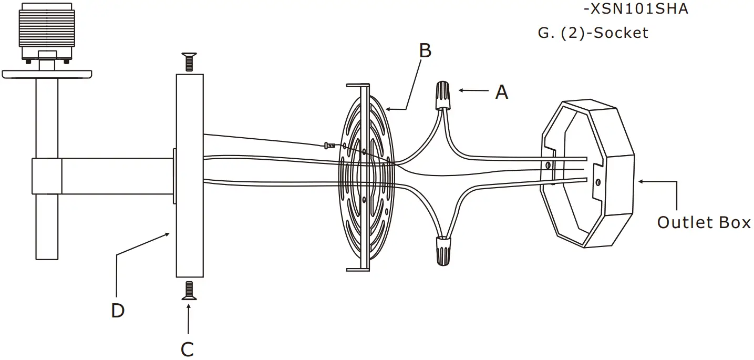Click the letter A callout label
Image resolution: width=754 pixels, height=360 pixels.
pyautogui.click(x=502, y=93)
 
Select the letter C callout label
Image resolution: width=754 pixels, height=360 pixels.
pyautogui.click(x=187, y=349)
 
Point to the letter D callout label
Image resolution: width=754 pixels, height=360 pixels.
pyautogui.click(x=118, y=311)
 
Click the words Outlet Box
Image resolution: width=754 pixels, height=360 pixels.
pyautogui.click(x=704, y=222)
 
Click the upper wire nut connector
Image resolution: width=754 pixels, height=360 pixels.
pyautogui.click(x=443, y=95)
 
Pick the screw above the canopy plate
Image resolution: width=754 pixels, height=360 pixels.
pyautogui.click(x=189, y=62)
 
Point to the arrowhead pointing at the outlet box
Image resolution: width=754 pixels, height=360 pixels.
pyautogui.click(x=642, y=181)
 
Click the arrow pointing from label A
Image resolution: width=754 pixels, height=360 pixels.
pyautogui.click(x=473, y=91)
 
